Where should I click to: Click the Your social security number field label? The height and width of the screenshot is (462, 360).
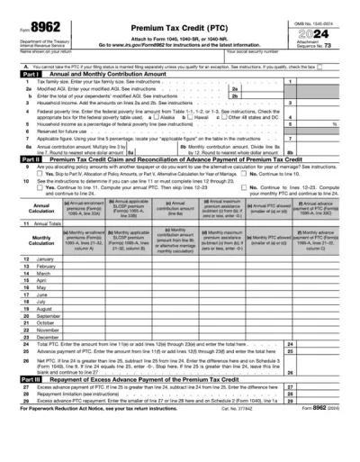point(262,51)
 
